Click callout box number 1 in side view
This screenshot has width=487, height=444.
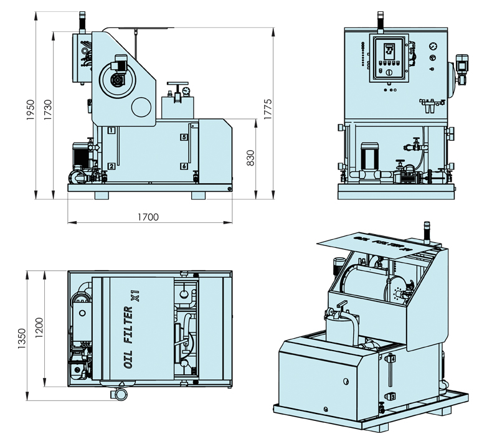point(111,130)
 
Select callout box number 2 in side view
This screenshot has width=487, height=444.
point(111,166)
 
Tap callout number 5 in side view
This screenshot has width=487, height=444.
point(184,136)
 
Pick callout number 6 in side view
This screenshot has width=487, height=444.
point(184,166)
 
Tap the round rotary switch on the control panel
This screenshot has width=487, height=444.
point(389,73)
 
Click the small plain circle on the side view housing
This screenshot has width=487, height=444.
point(143,106)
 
